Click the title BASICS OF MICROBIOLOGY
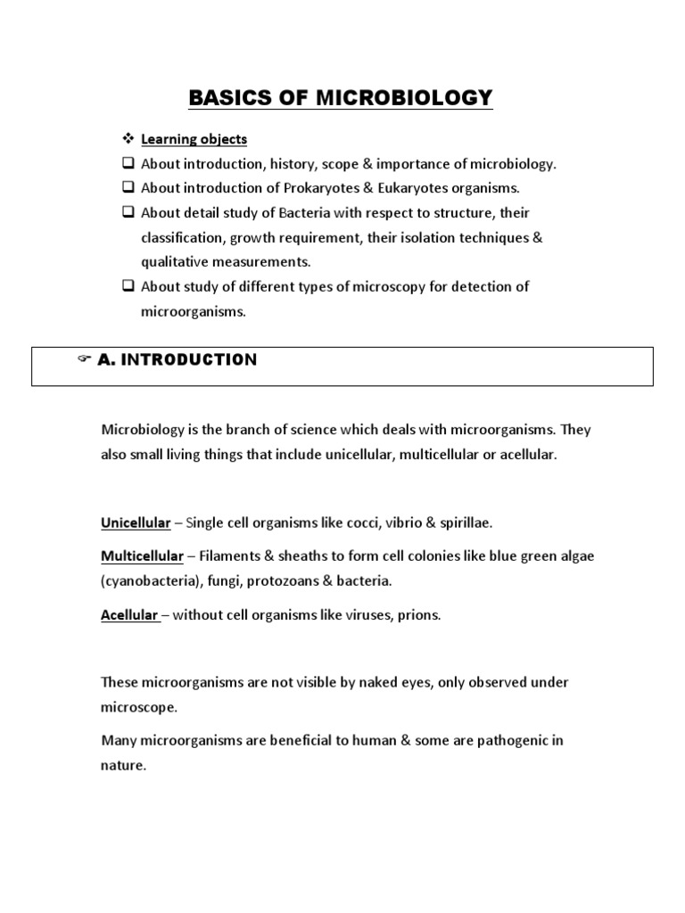coord(341,97)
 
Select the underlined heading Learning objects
coord(194,139)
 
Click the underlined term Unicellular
coord(136,522)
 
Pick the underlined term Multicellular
coord(142,556)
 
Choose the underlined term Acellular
coord(129,615)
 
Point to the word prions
coord(420,615)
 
